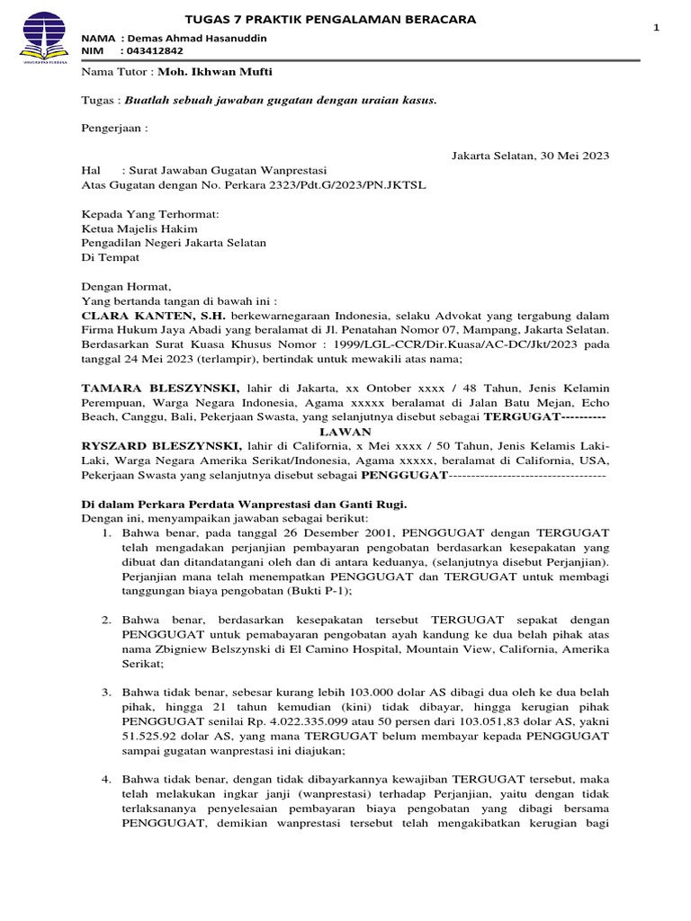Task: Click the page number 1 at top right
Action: coord(656,30)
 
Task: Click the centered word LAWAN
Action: coord(345,431)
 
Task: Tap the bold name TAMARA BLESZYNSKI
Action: coord(161,388)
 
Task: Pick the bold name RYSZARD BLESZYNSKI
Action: coord(162,446)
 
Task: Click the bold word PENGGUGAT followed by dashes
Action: coord(403,475)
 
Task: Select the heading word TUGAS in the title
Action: coord(206,19)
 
